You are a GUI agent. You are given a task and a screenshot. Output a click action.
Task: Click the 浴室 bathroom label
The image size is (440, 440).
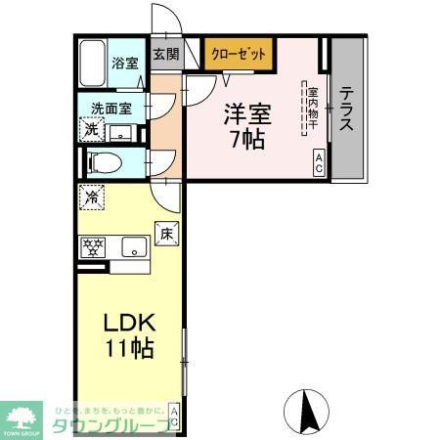pos(124,63)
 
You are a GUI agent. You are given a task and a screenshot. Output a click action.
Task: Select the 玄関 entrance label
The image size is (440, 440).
pos(165,55)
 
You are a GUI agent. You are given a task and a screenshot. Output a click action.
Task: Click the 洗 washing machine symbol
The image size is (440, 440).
pos(90,128)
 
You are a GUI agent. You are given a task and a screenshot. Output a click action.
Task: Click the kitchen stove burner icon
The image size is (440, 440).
pos(93,246)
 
